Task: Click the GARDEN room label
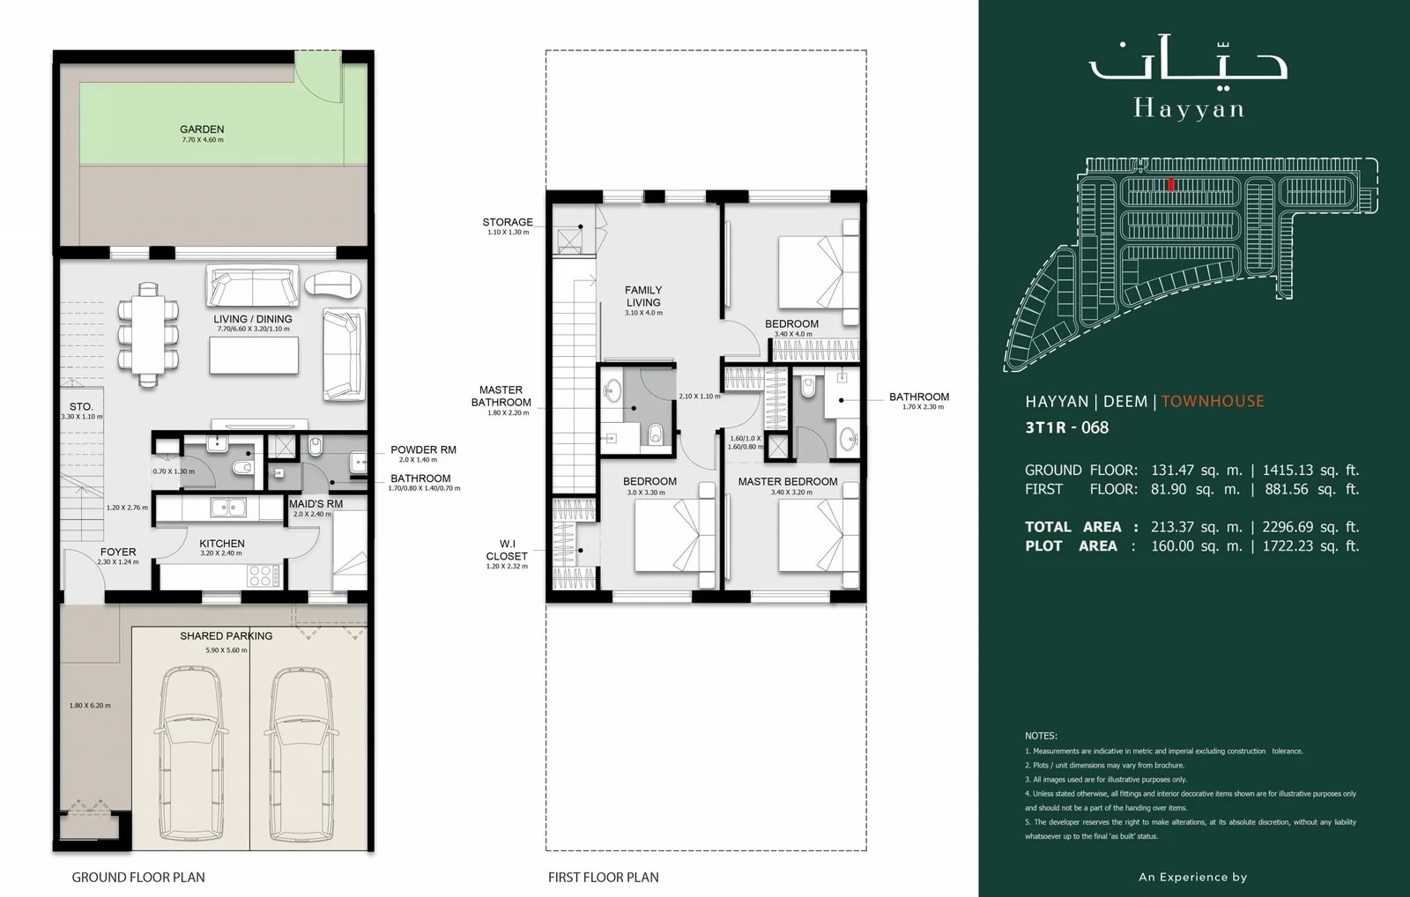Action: pyautogui.click(x=202, y=130)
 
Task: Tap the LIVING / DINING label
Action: pyautogui.click(x=253, y=319)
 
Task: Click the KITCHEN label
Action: pyautogui.click(x=221, y=544)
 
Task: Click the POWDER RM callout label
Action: pyautogui.click(x=423, y=449)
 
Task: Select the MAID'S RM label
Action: pyautogui.click(x=315, y=504)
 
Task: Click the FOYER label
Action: pyautogui.click(x=118, y=552)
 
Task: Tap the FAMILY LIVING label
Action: pyautogui.click(x=643, y=296)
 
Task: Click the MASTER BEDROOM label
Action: pyautogui.click(x=787, y=481)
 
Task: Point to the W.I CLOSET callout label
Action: pyautogui.click(x=507, y=550)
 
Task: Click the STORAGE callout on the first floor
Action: pyautogui.click(x=508, y=222)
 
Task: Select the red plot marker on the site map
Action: pyautogui.click(x=1170, y=184)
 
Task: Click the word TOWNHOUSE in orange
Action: pyautogui.click(x=1213, y=401)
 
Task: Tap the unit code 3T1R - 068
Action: pyautogui.click(x=1067, y=428)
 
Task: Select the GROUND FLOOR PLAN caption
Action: pyautogui.click(x=138, y=877)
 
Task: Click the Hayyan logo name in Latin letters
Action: pyautogui.click(x=1189, y=109)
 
